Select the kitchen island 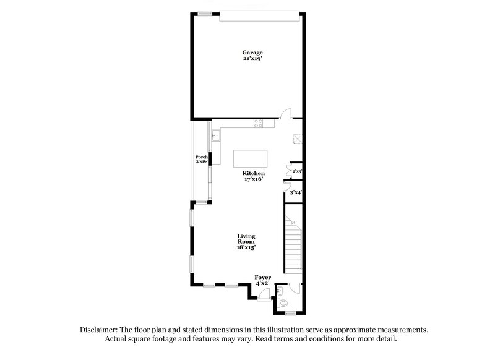251,159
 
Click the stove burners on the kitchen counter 259,124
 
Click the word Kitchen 254,174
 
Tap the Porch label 200,157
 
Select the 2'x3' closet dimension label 297,171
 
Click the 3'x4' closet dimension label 296,194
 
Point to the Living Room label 246,239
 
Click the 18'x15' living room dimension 246,247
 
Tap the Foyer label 263,277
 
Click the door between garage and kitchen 285,113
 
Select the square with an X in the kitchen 296,139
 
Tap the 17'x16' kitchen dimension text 254,180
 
